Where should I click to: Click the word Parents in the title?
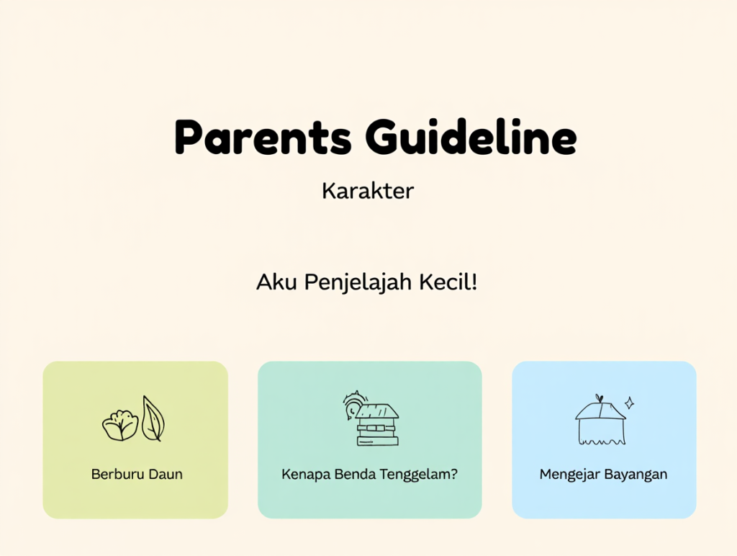[x=263, y=138]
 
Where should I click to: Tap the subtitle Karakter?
[x=368, y=191]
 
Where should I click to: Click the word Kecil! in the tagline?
[x=448, y=282]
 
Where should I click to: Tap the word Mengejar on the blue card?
[x=569, y=474]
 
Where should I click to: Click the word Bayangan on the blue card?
[x=636, y=474]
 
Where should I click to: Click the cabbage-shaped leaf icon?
[x=120, y=426]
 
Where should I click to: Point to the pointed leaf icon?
[x=153, y=418]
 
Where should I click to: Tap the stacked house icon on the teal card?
[x=377, y=425]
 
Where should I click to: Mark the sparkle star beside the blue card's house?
[x=629, y=403]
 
